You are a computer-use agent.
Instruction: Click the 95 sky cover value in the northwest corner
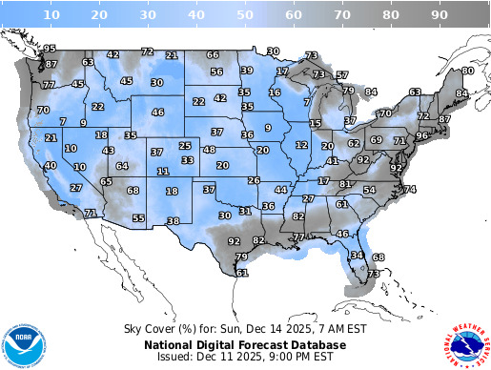point(51,49)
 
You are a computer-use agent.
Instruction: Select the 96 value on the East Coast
point(421,136)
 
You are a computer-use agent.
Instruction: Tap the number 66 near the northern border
point(213,54)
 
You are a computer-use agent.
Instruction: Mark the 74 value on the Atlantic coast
point(410,190)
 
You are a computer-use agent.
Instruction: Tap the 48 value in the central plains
point(209,150)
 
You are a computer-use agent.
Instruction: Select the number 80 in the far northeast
point(467,71)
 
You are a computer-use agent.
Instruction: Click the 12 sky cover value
point(301,145)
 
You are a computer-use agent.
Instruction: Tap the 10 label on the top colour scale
point(53,15)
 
